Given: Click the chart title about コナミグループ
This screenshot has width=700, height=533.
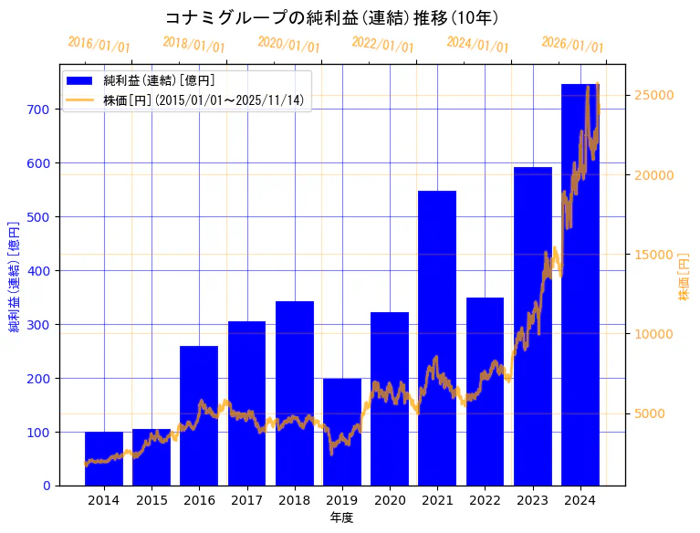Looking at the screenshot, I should [331, 17].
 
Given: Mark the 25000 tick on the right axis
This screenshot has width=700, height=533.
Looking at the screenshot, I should [653, 96].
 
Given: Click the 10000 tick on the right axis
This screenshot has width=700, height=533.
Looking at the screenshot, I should [653, 334].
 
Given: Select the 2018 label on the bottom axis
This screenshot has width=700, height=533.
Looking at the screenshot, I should [294, 500].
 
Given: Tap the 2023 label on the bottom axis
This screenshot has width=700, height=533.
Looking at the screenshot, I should [532, 500].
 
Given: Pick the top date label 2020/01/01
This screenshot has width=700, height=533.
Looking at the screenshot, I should [288, 44].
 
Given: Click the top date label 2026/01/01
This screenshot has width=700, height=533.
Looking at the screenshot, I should [572, 44].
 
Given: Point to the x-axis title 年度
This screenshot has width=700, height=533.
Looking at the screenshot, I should [341, 517].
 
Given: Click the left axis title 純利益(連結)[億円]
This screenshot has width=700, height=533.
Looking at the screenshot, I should [15, 276].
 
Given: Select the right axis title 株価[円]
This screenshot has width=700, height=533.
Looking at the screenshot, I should [684, 276].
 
